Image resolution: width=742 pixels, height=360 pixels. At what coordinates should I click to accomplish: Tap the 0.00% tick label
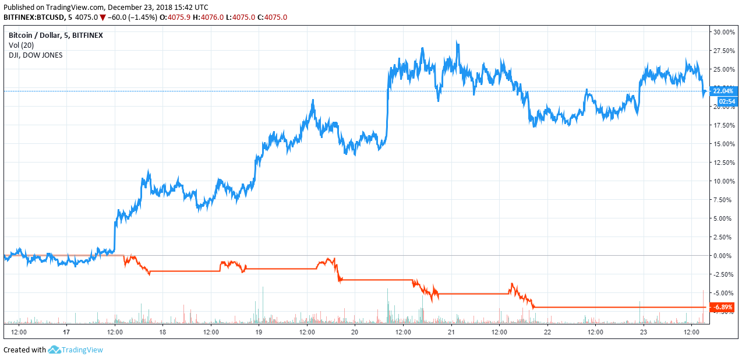pyautogui.click(x=724, y=256)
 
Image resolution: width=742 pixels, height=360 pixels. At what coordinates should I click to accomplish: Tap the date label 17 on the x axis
pyautogui.click(x=66, y=333)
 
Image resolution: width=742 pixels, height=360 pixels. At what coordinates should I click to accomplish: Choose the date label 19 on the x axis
pyautogui.click(x=259, y=333)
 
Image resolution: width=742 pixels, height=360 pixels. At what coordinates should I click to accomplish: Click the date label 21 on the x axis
pyautogui.click(x=451, y=333)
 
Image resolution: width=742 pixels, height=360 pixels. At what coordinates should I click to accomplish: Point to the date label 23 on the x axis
pyautogui.click(x=643, y=333)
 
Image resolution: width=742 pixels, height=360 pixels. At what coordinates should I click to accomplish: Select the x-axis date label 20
pyautogui.click(x=355, y=333)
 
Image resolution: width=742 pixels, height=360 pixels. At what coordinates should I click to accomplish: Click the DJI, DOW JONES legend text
pyautogui.click(x=36, y=55)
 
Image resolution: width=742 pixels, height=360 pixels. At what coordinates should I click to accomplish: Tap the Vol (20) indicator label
pyautogui.click(x=22, y=45)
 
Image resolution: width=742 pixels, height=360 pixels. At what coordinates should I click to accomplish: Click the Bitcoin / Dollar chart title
pyautogui.click(x=55, y=35)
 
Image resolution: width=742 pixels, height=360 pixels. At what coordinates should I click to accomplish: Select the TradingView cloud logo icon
pyautogui.click(x=55, y=350)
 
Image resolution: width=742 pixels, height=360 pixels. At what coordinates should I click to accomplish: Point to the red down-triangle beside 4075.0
pyautogui.click(x=103, y=17)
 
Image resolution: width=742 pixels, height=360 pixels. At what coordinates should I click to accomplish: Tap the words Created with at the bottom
pyautogui.click(x=24, y=350)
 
